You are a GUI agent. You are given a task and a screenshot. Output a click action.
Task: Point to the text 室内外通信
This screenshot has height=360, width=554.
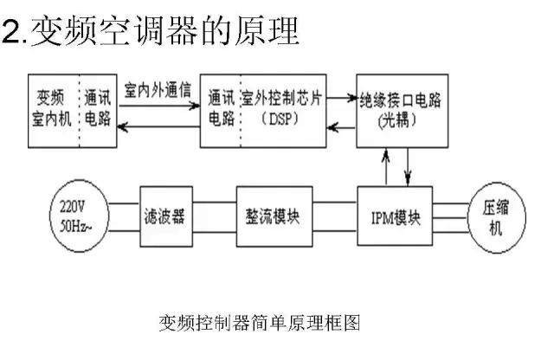[x=158, y=89]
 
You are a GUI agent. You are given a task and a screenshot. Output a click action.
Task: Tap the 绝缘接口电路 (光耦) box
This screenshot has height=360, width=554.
[x=403, y=109]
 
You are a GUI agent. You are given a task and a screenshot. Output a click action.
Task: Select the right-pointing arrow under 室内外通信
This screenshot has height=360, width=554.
[x=158, y=102]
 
